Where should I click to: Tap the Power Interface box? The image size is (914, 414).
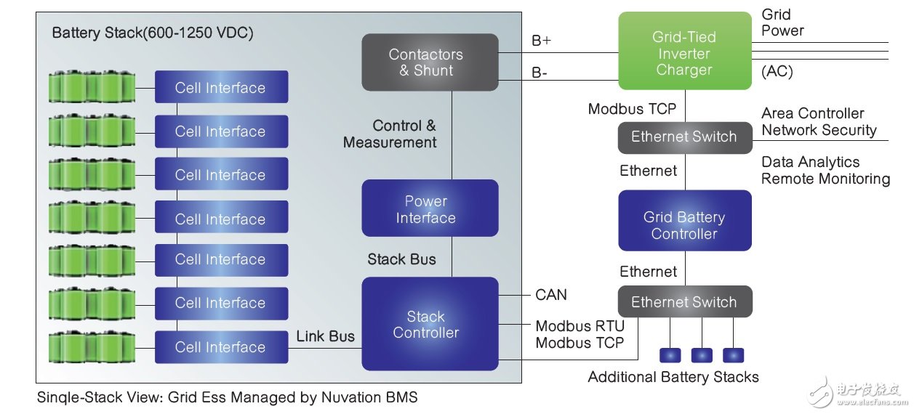(x=430, y=209)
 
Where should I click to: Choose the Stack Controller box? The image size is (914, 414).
(x=430, y=324)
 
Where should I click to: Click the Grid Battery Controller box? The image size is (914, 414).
(x=684, y=225)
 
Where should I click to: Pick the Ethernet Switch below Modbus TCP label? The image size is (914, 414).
(x=684, y=137)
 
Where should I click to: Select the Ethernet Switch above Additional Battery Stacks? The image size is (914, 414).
(x=684, y=302)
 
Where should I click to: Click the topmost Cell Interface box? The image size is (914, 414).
(x=221, y=88)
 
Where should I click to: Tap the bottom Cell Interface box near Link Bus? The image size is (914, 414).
(x=221, y=347)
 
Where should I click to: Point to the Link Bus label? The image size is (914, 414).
(x=325, y=336)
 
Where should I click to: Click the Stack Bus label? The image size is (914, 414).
(x=401, y=259)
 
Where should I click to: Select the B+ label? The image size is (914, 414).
(x=542, y=41)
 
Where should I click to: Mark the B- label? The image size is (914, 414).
(x=540, y=73)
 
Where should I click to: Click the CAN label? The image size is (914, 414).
(x=551, y=295)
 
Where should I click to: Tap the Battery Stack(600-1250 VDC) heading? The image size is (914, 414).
(x=153, y=33)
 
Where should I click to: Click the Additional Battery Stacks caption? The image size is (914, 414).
(x=673, y=377)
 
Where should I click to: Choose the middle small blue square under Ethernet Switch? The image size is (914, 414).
(x=702, y=355)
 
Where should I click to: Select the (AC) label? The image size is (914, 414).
(x=777, y=72)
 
